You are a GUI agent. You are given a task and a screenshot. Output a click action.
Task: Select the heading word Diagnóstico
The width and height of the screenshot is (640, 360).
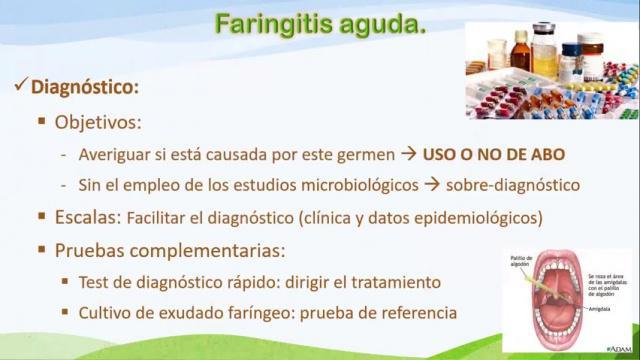85,87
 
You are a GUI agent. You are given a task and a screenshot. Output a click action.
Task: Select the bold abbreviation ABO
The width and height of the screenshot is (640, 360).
546,154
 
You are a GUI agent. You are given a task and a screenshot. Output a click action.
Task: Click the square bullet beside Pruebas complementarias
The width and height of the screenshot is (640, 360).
43,249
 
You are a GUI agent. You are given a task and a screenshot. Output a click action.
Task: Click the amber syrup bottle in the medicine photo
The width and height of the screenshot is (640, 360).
520,50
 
